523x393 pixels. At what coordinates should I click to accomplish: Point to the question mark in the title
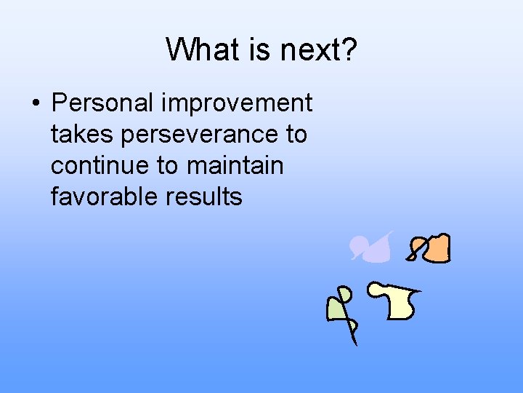[x=348, y=50]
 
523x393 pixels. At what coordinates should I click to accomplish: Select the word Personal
[x=102, y=103]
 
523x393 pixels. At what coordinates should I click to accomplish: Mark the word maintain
[x=235, y=166]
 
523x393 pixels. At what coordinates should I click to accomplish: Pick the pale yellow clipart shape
[x=398, y=303]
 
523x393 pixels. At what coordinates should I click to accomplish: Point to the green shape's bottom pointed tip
[x=355, y=344]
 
